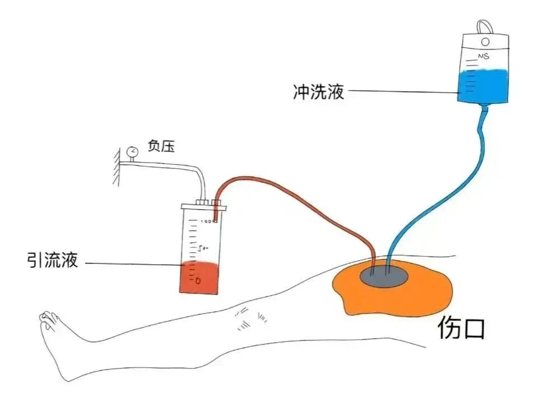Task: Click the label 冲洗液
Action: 318,91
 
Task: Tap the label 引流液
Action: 53,260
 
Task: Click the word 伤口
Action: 461,329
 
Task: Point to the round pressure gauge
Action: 132,152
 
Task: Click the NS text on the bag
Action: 483,56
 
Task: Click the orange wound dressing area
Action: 425,291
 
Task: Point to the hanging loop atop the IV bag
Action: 485,26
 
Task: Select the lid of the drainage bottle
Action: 204,208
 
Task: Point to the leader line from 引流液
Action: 134,264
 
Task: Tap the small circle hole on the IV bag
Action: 485,41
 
